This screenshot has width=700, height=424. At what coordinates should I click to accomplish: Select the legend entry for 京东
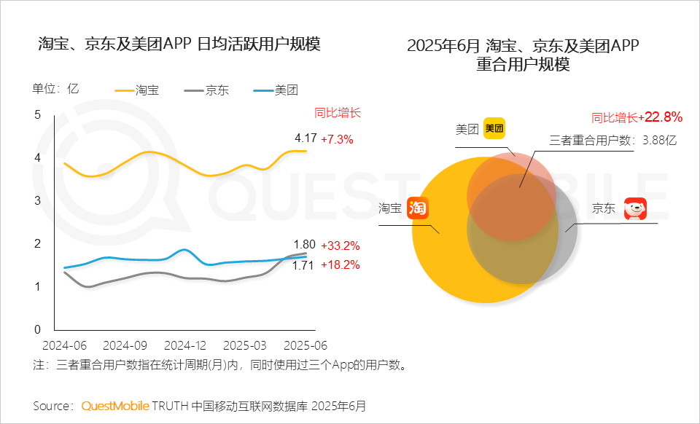pos(206,91)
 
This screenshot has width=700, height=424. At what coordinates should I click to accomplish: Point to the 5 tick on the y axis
pos(37,114)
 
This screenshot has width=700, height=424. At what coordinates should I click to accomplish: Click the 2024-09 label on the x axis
pos(125,344)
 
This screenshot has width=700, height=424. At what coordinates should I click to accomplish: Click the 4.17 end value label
pos(305,138)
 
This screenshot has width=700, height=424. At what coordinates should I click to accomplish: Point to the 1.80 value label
pos(304,245)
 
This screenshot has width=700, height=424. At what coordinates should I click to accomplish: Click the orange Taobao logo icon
pos(417,208)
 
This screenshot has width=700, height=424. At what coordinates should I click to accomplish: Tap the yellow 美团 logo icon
pos(494,129)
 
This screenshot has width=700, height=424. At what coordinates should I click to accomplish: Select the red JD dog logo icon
pos(634,208)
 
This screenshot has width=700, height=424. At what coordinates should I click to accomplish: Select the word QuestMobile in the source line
pos(115,405)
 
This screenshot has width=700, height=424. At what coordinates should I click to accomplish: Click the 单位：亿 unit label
pos(55,89)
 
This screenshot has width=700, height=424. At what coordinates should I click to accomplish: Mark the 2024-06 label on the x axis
pos(66,344)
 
